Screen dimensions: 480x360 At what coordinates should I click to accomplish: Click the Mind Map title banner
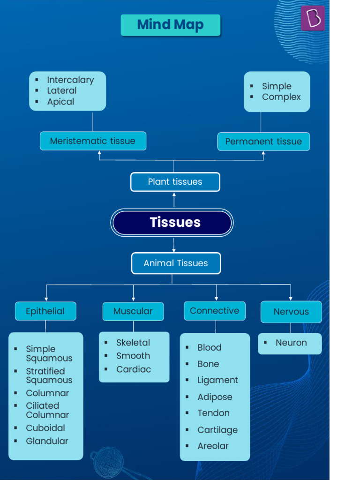click(170, 25)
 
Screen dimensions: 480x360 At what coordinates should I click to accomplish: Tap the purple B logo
click(313, 18)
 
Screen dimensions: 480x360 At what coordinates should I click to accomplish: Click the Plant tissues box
click(175, 182)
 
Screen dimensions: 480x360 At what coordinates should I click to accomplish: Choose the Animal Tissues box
click(176, 263)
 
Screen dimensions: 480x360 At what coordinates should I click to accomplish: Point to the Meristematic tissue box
click(93, 141)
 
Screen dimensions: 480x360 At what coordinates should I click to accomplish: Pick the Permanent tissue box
click(263, 142)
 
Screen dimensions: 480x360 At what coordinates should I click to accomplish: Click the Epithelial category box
click(45, 311)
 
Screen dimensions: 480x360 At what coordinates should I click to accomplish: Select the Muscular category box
click(133, 311)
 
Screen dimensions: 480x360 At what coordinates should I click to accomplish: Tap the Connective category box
click(214, 311)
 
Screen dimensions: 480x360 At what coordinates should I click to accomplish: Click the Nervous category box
click(291, 312)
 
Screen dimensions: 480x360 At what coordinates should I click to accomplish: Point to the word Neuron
click(291, 343)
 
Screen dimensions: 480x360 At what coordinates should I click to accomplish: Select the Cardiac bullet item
click(134, 369)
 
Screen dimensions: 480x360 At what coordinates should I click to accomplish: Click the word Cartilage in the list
click(217, 430)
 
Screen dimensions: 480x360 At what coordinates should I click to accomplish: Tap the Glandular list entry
click(47, 441)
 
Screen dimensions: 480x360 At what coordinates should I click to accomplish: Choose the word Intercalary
click(70, 80)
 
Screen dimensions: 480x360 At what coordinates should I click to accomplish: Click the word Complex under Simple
click(281, 97)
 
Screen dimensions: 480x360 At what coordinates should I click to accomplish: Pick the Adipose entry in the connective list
click(215, 397)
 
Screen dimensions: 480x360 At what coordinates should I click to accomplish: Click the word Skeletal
click(133, 343)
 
